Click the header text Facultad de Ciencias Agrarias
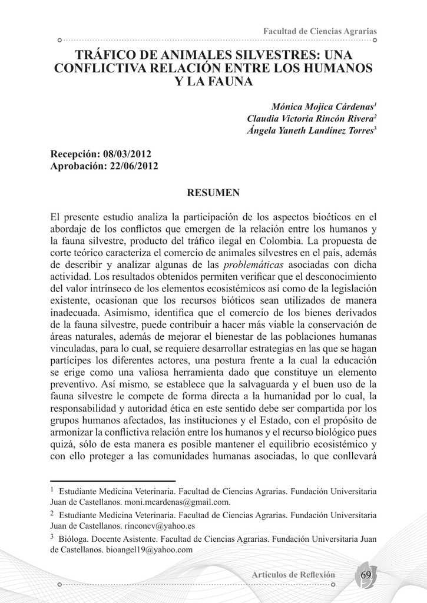320,31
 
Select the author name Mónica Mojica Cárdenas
322,107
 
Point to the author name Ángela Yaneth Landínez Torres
310,131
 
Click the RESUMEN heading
213,193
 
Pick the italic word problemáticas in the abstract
253,264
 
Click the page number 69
366,574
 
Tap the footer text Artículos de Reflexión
293,575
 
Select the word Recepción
74,154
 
